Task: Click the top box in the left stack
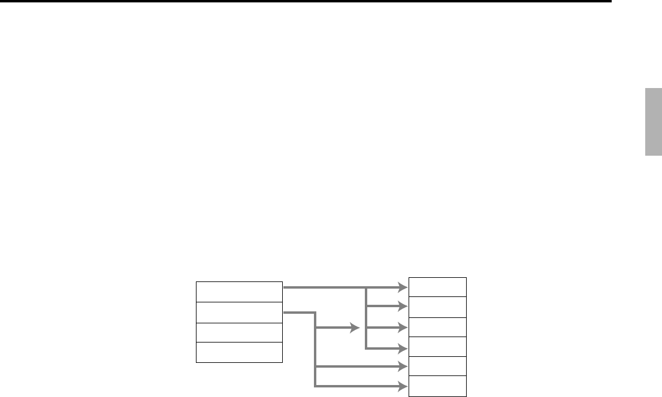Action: click(239, 292)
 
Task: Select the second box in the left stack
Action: click(239, 312)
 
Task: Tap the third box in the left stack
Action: click(239, 332)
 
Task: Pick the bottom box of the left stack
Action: click(239, 352)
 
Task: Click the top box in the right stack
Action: click(437, 287)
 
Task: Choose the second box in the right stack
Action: click(437, 307)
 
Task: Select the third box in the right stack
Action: click(437, 327)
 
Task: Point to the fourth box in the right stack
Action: click(437, 347)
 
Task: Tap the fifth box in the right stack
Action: click(437, 366)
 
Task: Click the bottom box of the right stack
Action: click(437, 386)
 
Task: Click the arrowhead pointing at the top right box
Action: click(403, 287)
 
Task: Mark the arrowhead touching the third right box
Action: click(403, 328)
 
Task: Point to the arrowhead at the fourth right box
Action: click(403, 348)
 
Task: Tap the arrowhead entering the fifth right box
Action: click(403, 366)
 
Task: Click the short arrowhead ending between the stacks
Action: click(355, 328)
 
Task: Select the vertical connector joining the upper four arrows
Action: click(365, 317)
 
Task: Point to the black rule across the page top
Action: click(306, 2)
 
